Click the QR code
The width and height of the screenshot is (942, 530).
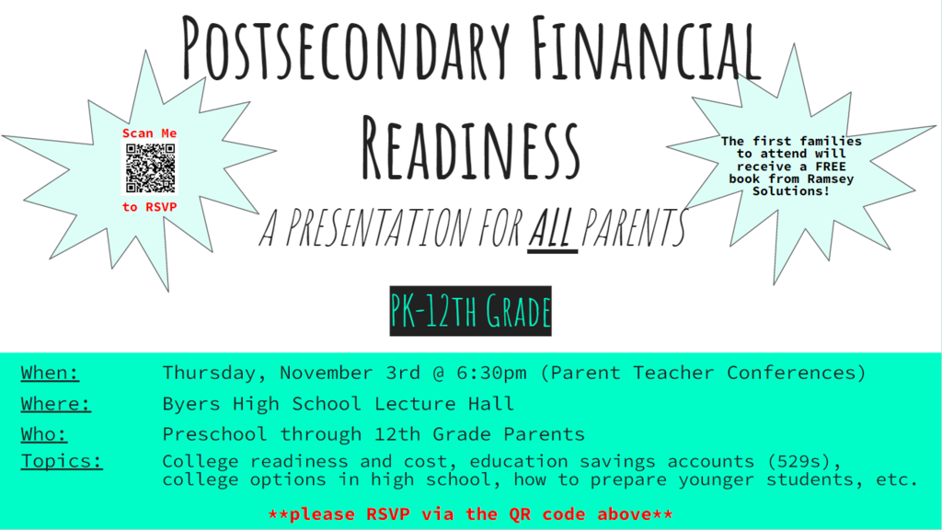(x=150, y=169)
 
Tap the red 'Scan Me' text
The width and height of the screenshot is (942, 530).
(x=150, y=133)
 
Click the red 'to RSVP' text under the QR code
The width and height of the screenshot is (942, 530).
(x=150, y=207)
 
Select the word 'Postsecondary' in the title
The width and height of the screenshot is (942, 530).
(x=344, y=46)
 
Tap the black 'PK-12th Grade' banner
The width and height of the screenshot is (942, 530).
(x=470, y=311)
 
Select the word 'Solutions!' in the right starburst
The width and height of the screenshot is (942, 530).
(x=791, y=190)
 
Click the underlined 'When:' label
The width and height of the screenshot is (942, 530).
(x=50, y=373)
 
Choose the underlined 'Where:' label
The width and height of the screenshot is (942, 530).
(x=55, y=403)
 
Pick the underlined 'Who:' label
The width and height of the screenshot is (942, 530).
(x=44, y=433)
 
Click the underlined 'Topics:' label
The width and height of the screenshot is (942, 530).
(x=62, y=461)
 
